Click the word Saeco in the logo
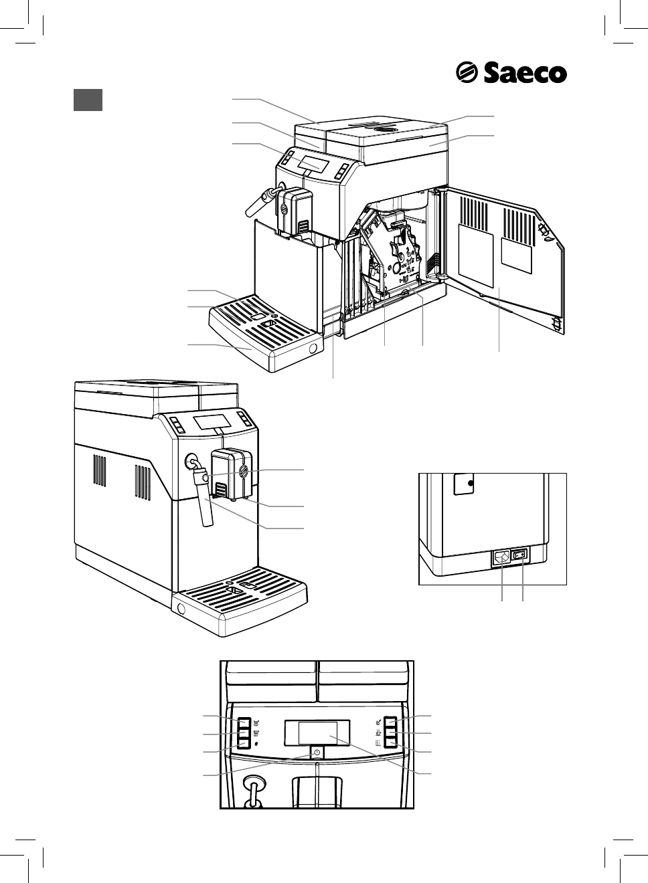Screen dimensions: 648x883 pyautogui.click(x=525, y=73)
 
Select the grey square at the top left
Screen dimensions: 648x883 pyautogui.click(x=87, y=100)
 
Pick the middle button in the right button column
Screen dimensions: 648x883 pyautogui.click(x=392, y=733)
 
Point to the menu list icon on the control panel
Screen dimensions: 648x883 pyautogui.click(x=378, y=743)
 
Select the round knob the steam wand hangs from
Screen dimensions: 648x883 pyautogui.click(x=193, y=462)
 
